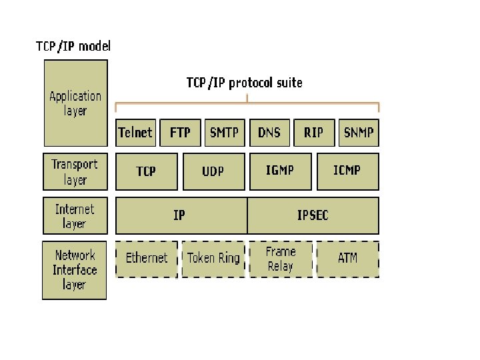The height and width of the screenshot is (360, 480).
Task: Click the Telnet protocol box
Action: tap(135, 132)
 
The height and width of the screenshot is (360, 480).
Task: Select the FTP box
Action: tap(180, 132)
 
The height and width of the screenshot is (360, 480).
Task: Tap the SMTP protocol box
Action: tap(224, 132)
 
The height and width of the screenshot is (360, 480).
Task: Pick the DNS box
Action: tap(269, 132)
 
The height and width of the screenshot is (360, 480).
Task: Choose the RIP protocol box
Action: tap(313, 132)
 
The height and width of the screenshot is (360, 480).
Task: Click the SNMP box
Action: tap(359, 132)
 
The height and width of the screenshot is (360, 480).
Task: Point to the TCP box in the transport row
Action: tap(147, 171)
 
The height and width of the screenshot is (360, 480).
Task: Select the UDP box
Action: tap(213, 171)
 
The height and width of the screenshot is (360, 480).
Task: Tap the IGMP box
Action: tap(280, 171)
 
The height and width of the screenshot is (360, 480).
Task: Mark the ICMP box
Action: tap(347, 171)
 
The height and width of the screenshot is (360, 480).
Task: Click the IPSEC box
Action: tap(313, 215)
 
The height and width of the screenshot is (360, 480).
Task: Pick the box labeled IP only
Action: tap(181, 215)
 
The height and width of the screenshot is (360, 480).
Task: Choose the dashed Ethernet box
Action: tap(147, 259)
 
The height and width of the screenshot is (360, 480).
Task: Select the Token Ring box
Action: tap(213, 259)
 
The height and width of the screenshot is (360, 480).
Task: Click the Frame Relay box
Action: tap(280, 259)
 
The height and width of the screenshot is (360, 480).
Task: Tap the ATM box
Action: tap(347, 259)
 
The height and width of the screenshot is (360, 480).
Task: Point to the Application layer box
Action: tap(75, 103)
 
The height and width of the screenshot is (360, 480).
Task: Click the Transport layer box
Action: tap(75, 172)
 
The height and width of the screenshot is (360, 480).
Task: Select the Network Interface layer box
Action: tap(75, 270)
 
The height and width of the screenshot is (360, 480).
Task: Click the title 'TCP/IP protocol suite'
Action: tap(244, 83)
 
